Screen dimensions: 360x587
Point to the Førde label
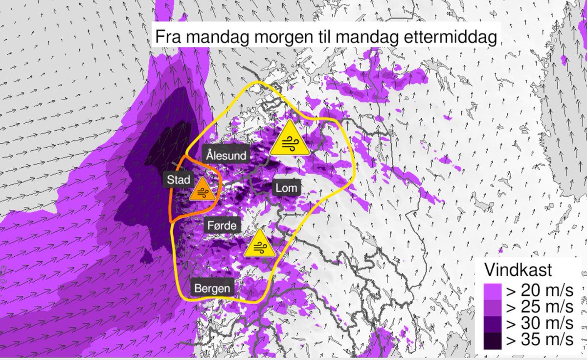pyautogui.click(x=222, y=226)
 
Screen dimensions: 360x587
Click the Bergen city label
pyautogui.click(x=211, y=288)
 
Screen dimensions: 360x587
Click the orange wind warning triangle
pyautogui.click(x=202, y=190)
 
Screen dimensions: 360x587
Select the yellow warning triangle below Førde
pyautogui.click(x=259, y=245)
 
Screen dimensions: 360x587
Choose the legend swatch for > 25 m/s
pyautogui.click(x=493, y=307)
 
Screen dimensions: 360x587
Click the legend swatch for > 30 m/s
pyautogui.click(x=493, y=324)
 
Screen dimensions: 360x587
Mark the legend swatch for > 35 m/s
pyautogui.click(x=493, y=340)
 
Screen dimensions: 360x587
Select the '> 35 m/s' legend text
pyautogui.click(x=539, y=340)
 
